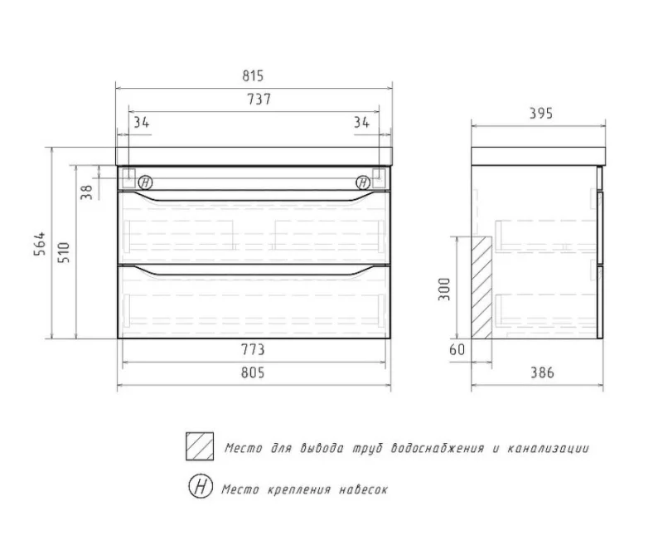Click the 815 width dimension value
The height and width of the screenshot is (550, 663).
[x=253, y=75]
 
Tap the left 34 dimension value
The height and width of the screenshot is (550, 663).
[x=141, y=123]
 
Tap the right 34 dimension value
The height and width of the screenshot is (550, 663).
[x=361, y=123]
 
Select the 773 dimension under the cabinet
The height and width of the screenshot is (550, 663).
[x=253, y=352]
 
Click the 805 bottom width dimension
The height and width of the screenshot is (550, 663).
[x=253, y=373]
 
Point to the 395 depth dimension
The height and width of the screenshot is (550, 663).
[x=540, y=114]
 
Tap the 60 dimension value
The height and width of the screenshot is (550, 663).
[x=457, y=352]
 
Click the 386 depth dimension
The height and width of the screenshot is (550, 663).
[x=540, y=373]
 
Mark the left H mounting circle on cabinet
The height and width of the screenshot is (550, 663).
[x=145, y=183]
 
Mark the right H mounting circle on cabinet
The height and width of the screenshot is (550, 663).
[x=363, y=183]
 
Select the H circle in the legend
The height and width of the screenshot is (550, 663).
[x=200, y=488]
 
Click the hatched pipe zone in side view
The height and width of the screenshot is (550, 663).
[x=479, y=287]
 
